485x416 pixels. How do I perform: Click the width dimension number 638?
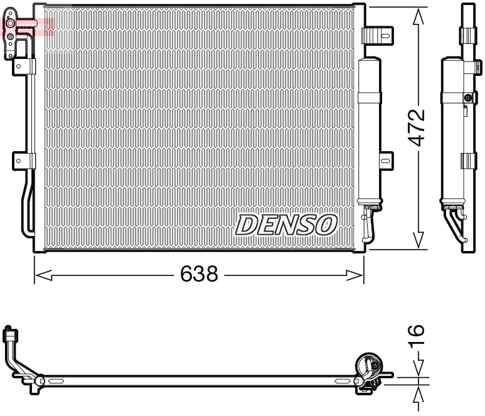click(x=199, y=274)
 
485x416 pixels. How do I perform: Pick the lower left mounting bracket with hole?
click(x=23, y=161)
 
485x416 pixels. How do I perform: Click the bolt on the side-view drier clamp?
click(x=467, y=97)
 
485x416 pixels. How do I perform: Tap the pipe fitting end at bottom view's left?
click(x=9, y=332)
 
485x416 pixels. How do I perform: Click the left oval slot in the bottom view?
click(x=56, y=380)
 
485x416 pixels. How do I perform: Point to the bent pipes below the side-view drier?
click(x=455, y=224)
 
